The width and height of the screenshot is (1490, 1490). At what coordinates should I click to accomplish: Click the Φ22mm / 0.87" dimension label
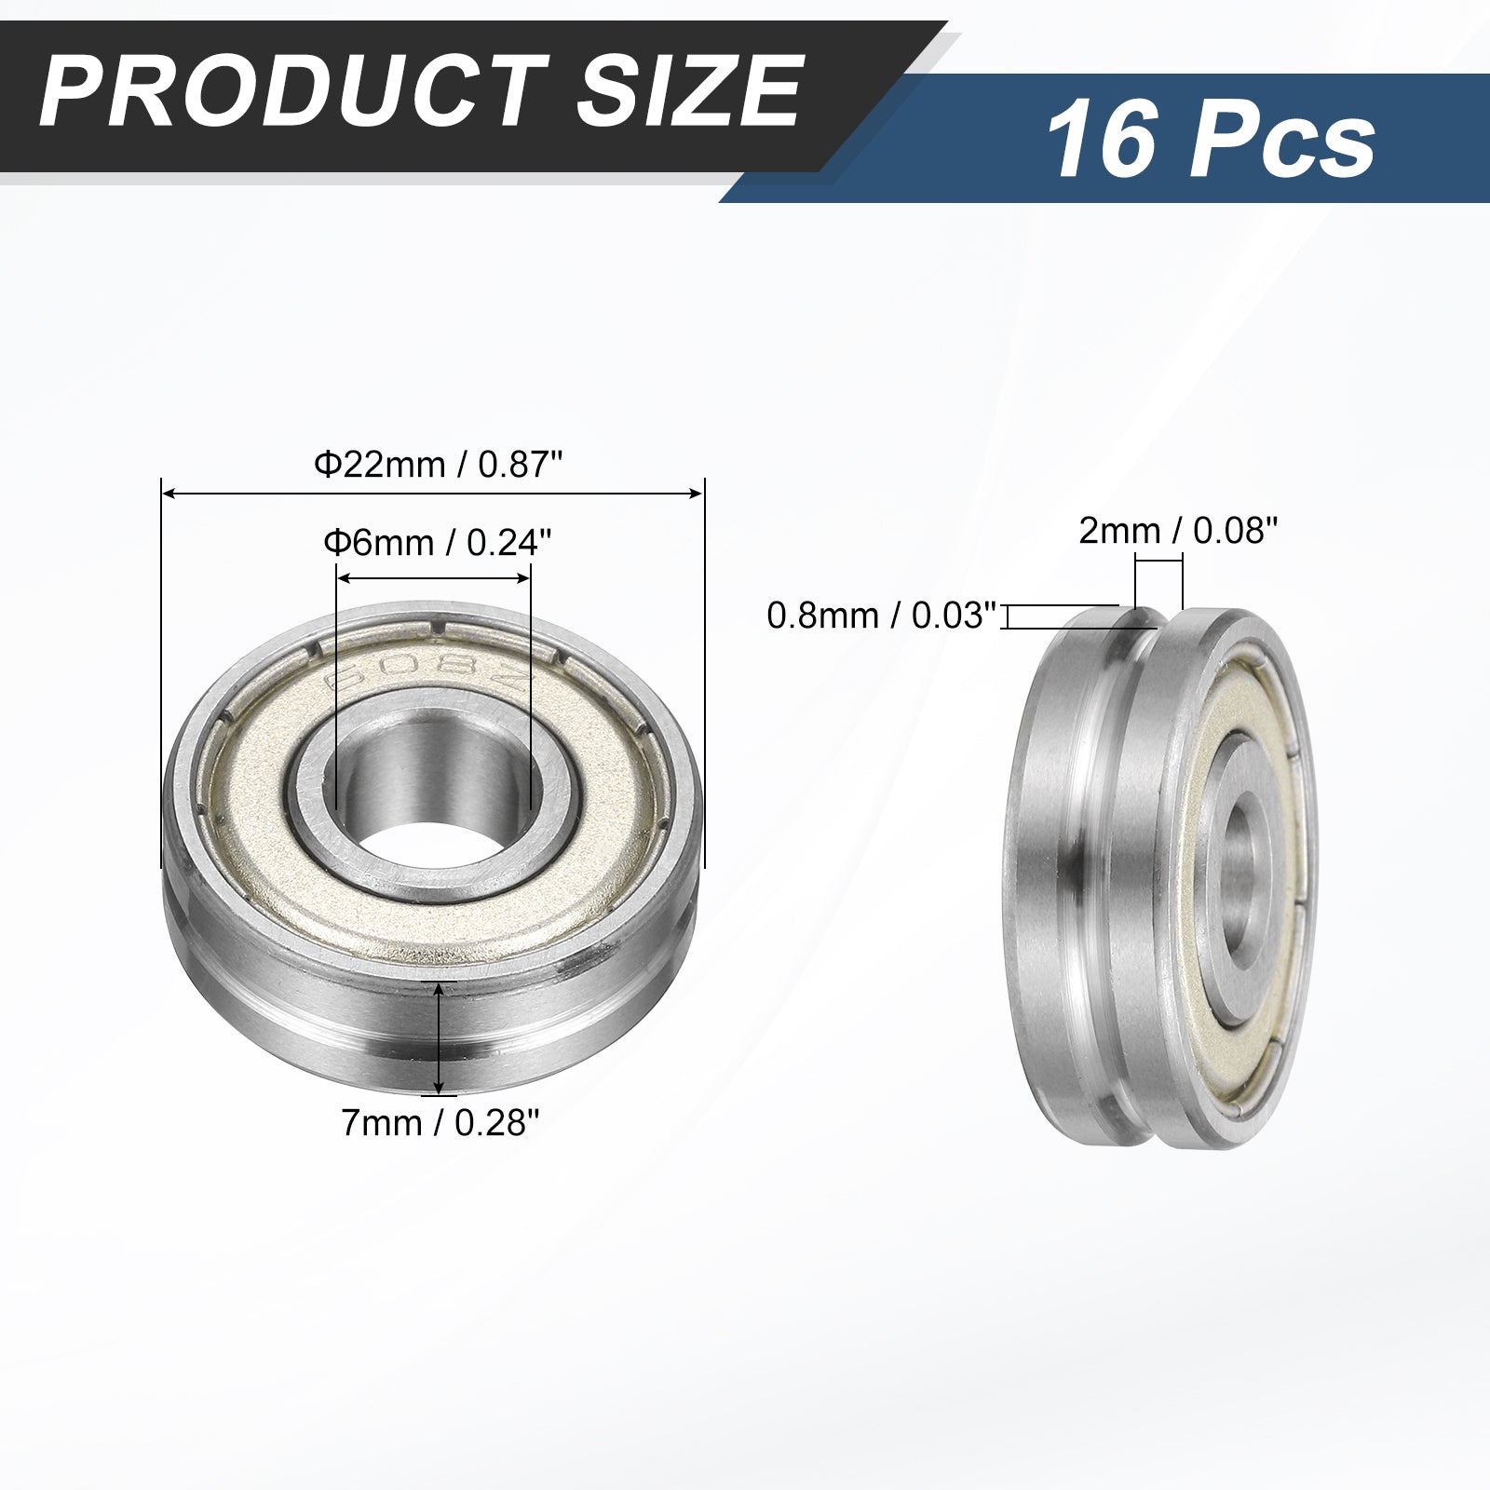438,464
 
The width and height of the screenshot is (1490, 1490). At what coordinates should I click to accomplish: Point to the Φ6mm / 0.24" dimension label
432,541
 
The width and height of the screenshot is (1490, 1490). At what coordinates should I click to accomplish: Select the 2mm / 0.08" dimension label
1177,531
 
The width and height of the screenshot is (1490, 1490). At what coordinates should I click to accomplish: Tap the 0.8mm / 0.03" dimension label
882,616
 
